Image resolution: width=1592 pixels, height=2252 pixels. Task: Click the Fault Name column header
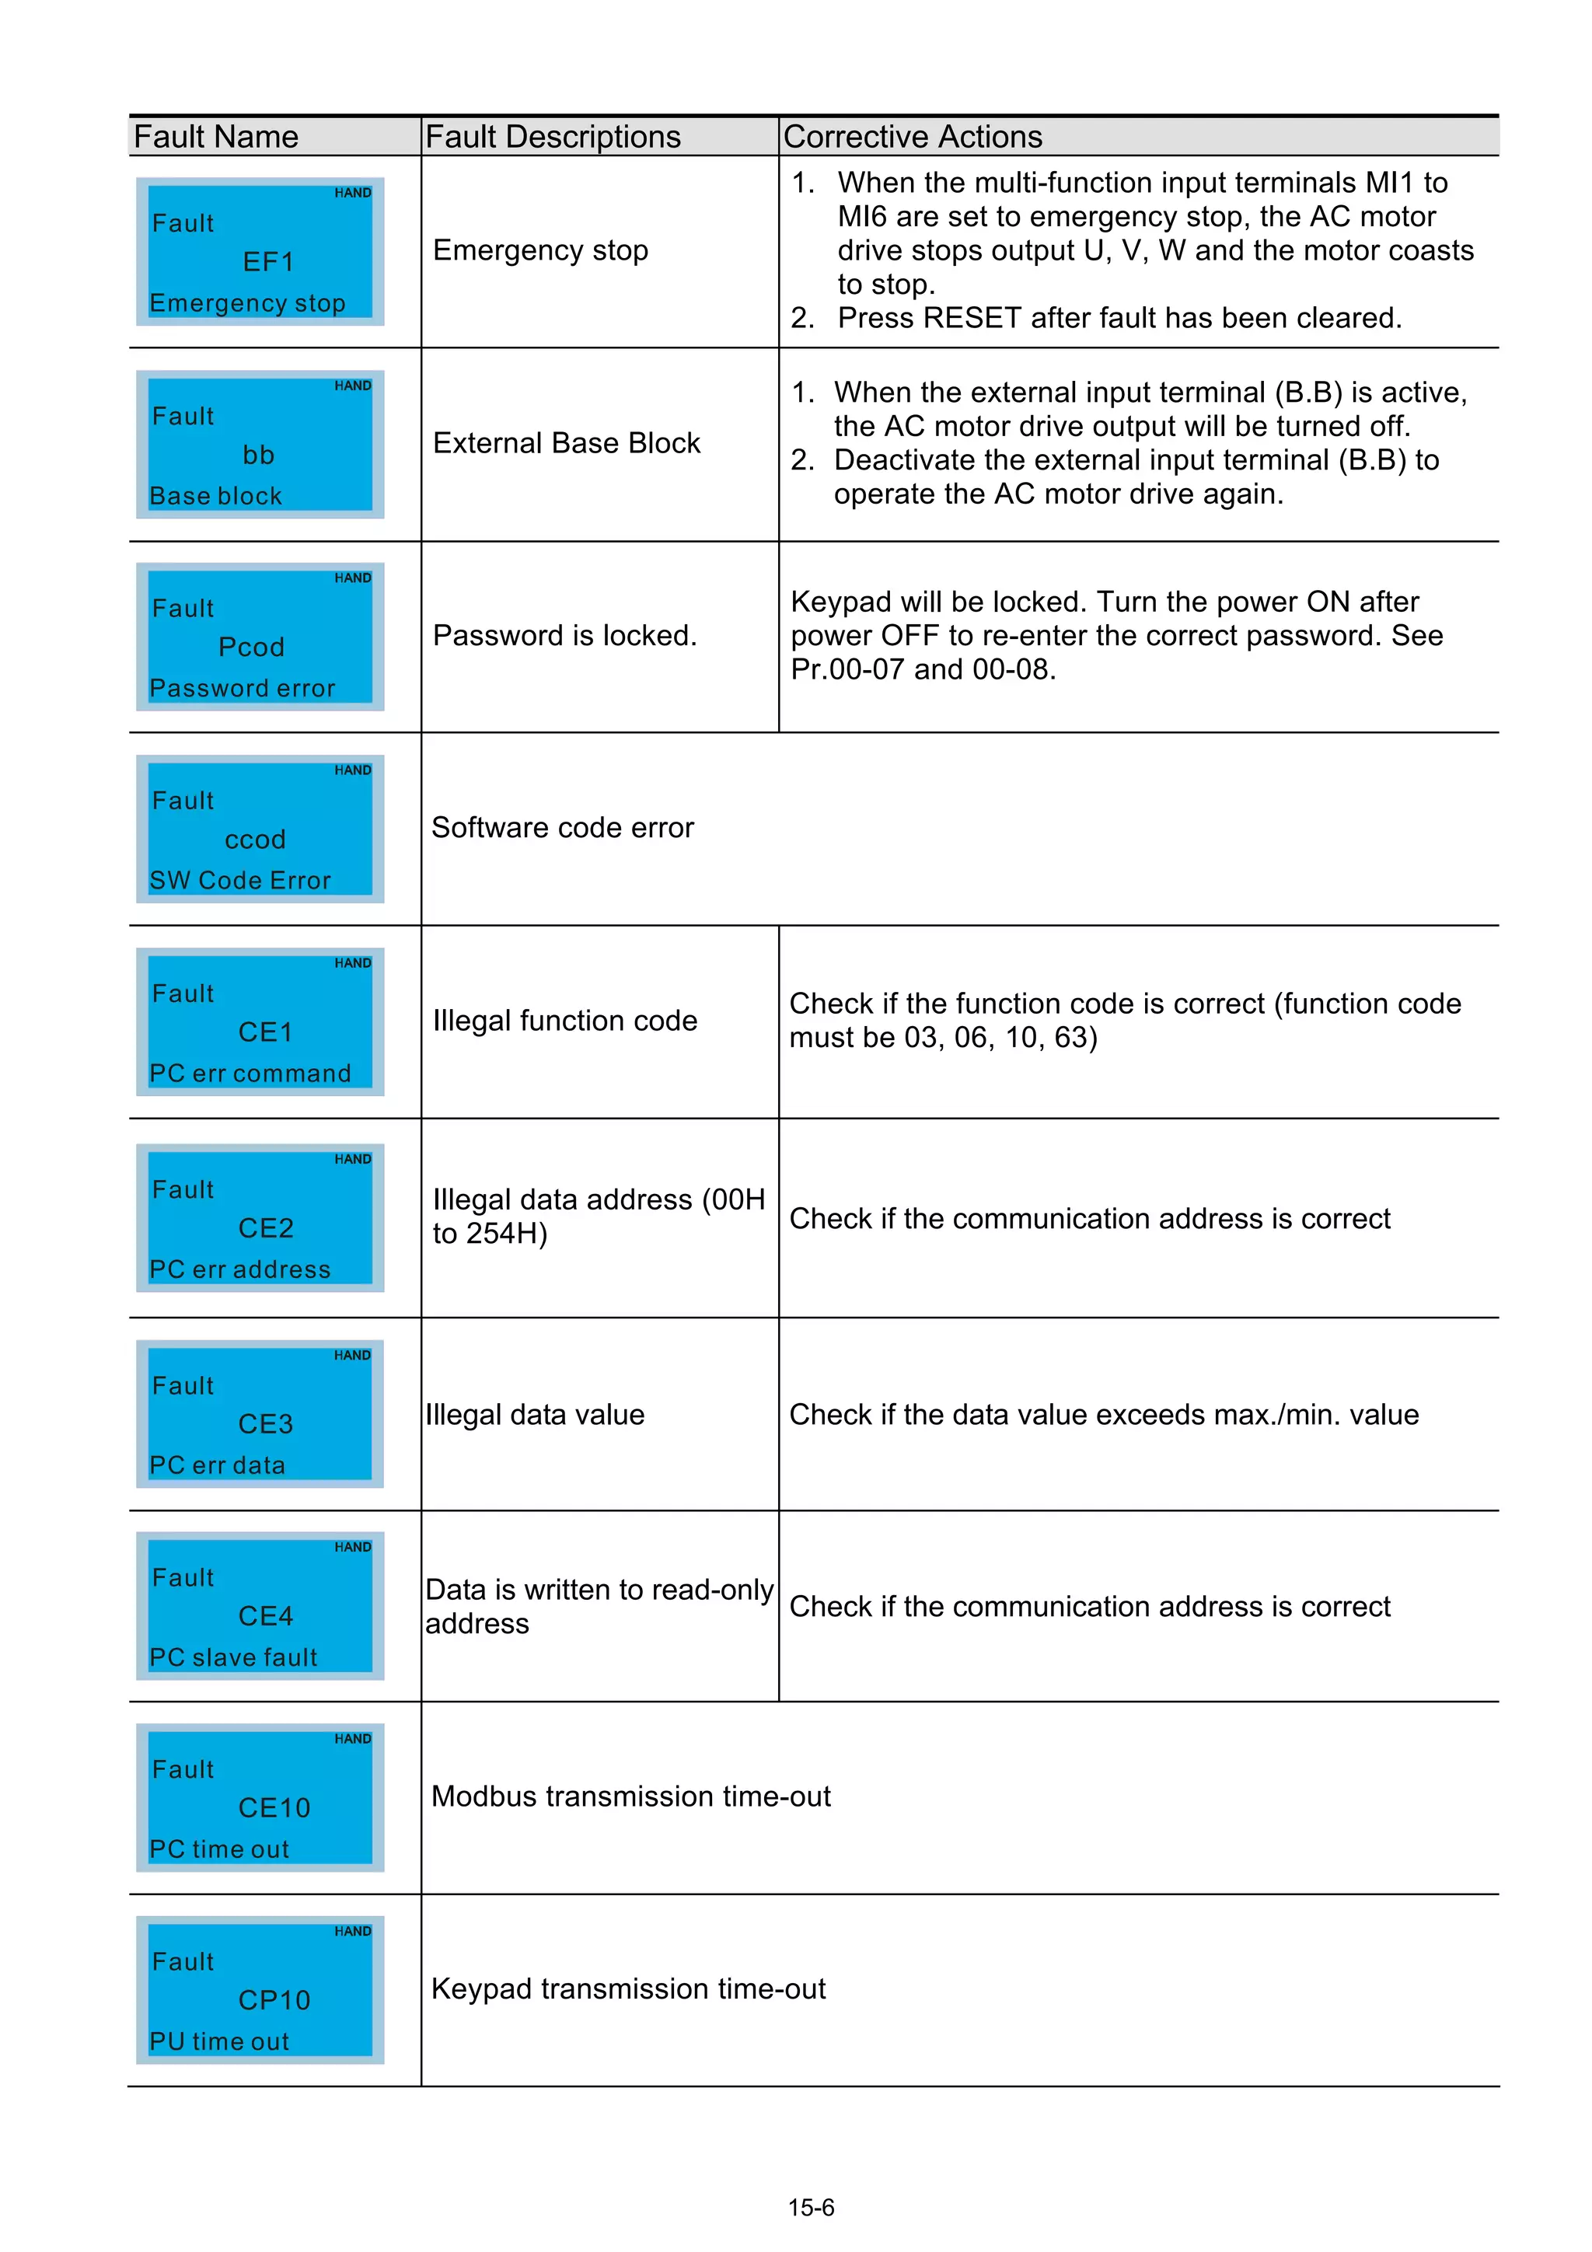(216, 136)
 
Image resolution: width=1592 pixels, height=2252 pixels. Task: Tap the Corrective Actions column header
(913, 136)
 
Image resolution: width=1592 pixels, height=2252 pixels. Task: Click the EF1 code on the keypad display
(267, 262)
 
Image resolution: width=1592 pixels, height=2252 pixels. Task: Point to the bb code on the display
(259, 455)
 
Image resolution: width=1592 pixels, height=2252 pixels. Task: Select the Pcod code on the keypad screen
(251, 648)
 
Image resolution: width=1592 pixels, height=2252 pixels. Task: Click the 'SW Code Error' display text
(240, 880)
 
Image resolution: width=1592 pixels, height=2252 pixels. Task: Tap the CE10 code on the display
(274, 1807)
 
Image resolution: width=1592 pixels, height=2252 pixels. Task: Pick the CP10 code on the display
(274, 2000)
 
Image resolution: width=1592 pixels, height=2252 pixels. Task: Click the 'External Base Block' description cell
(566, 443)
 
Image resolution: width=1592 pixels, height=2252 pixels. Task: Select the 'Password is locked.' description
(564, 636)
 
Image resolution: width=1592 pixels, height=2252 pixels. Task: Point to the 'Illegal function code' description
(564, 1021)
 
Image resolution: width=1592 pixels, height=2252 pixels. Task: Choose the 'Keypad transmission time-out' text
(628, 1988)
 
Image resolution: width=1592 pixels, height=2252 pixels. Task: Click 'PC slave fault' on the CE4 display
(233, 1657)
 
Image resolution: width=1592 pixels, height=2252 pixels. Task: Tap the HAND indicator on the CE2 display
(352, 1159)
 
